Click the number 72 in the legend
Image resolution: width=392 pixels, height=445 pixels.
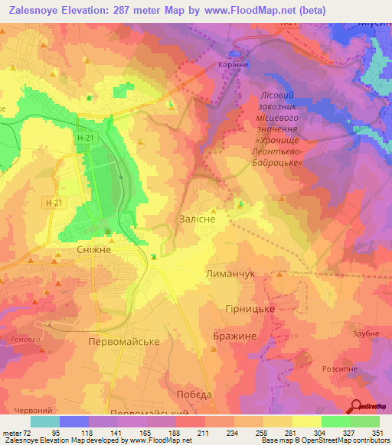coord(27,434)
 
